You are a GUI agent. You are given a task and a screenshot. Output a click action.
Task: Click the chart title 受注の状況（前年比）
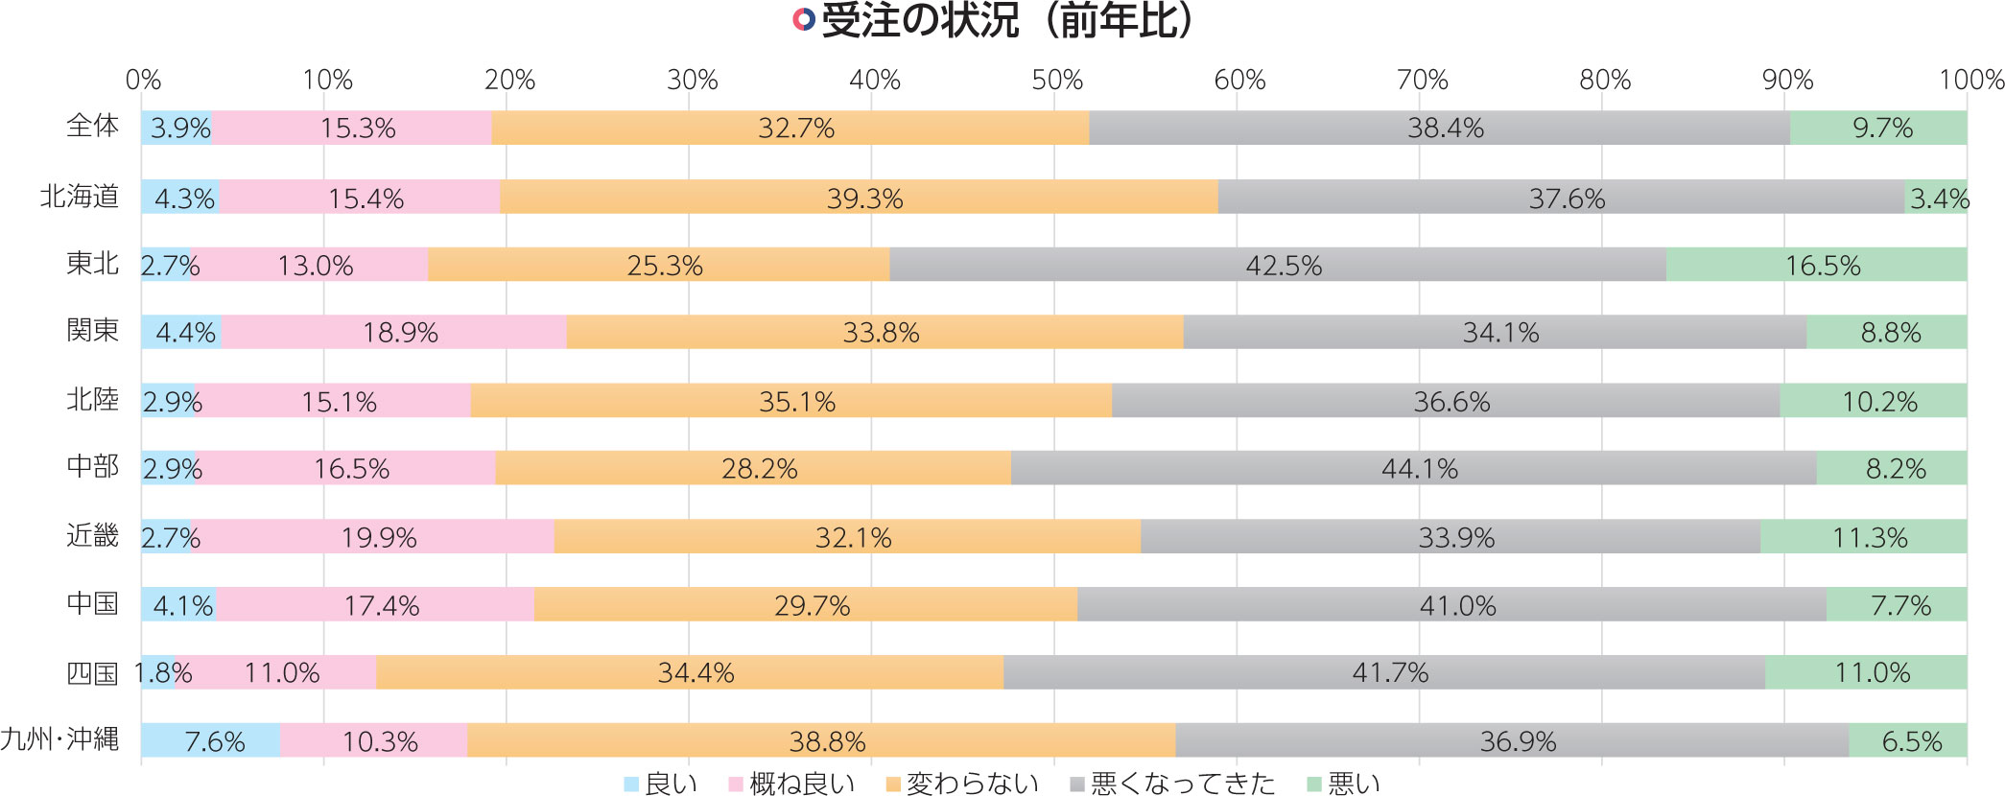coord(1007,21)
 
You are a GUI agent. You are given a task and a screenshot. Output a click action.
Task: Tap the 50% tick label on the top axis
coord(1057,81)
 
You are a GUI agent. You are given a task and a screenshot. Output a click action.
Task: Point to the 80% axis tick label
coord(1605,81)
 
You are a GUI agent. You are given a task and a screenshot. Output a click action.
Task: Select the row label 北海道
coord(80,197)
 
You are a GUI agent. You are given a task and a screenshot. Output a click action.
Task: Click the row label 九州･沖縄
coord(59,739)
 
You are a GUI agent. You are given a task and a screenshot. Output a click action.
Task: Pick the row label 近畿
coord(92,535)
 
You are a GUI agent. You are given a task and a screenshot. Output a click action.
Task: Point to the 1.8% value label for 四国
coord(164,673)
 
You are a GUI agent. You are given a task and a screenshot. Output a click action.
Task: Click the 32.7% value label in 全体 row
coord(796,129)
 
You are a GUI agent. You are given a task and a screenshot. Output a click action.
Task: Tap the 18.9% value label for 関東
coord(400,333)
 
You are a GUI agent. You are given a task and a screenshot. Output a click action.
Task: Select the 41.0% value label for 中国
coord(1457,605)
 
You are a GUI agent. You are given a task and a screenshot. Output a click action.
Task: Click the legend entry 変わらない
coord(972,784)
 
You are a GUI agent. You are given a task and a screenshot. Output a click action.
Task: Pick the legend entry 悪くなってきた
coord(1182,784)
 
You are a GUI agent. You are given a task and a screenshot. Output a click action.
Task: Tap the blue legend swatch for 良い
coord(631,784)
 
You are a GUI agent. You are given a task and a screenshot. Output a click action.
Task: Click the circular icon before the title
coord(804,20)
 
